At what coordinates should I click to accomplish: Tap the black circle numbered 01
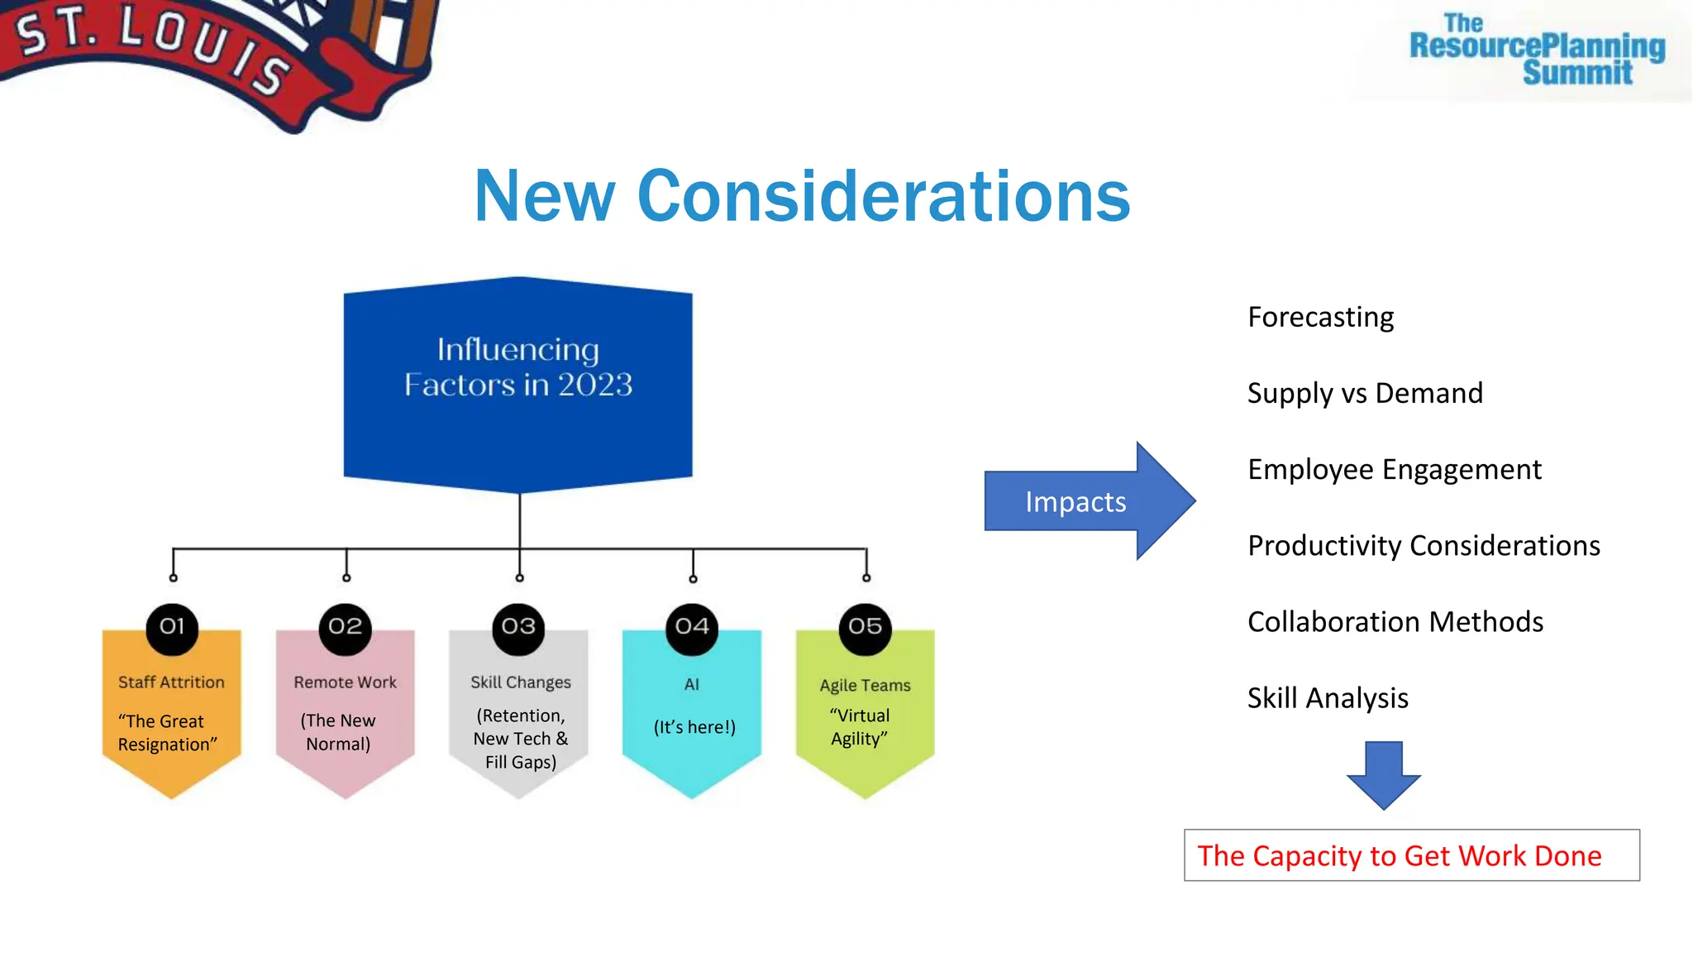coord(172,626)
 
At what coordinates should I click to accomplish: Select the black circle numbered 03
coord(518,626)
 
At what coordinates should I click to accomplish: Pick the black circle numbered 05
coord(865,626)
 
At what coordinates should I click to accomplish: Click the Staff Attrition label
coord(171,682)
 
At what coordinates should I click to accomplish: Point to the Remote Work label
coord(345,682)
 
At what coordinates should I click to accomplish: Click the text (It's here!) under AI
coord(694,727)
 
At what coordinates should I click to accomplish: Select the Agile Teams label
coord(865,685)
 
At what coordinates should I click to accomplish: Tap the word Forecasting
coord(1320,318)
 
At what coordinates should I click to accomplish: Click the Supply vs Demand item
coord(1365,394)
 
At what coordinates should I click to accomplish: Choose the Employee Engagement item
coord(1395,470)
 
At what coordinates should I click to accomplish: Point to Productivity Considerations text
coord(1424,546)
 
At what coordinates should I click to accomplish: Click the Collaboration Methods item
coord(1395,622)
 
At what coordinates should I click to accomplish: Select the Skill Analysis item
coord(1328,698)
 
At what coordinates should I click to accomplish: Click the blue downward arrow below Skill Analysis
coord(1384,774)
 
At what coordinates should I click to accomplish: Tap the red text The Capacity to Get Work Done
coord(1400,856)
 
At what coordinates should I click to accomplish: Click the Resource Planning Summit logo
coord(1536,50)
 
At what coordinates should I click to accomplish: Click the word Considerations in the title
coord(883,197)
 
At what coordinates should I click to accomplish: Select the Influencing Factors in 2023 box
coord(518,385)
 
